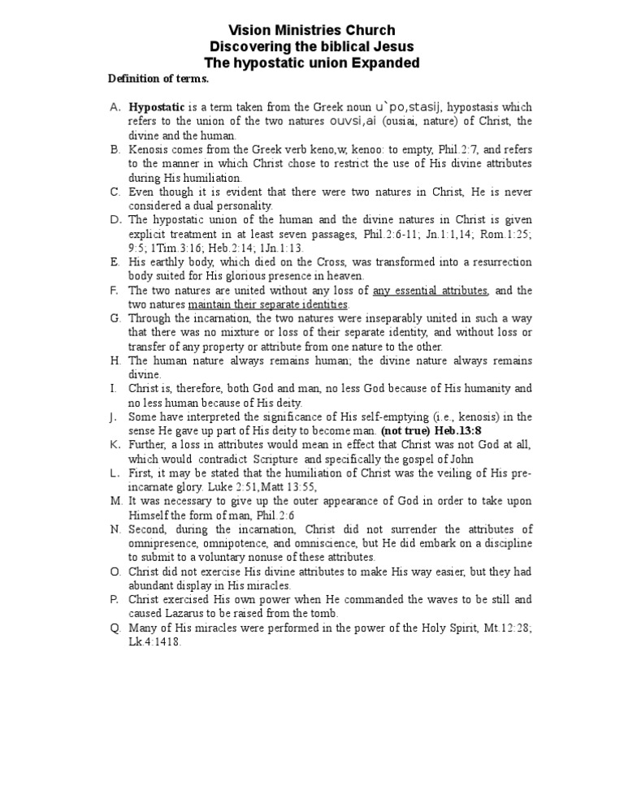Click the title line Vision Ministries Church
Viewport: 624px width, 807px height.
click(x=312, y=30)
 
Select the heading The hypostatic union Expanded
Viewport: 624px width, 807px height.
click(x=312, y=63)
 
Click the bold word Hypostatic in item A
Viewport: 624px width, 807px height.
click(x=157, y=107)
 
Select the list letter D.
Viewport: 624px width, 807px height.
click(x=114, y=219)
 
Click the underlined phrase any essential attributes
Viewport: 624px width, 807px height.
click(x=431, y=291)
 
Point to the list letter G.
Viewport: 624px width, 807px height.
click(x=114, y=318)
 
